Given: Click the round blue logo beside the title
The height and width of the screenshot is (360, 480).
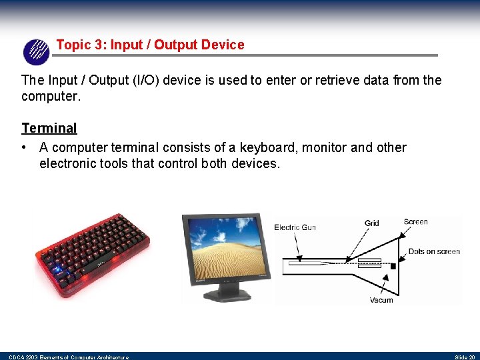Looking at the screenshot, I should pyautogui.click(x=36, y=52).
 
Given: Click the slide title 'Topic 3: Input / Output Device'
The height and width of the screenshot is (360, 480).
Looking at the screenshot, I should pyautogui.click(x=150, y=45).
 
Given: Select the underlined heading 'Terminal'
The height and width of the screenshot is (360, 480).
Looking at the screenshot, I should pyautogui.click(x=49, y=128).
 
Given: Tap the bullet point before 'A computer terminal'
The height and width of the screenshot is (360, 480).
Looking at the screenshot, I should pyautogui.click(x=25, y=147).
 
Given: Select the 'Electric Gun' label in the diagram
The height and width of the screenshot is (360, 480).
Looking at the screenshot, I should pyautogui.click(x=295, y=227).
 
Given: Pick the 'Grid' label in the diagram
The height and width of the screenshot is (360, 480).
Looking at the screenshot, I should pyautogui.click(x=371, y=223).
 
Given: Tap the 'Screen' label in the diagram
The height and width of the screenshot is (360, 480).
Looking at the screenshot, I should pyautogui.click(x=415, y=221).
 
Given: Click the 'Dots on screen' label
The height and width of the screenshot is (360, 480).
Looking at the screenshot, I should pyautogui.click(x=434, y=251).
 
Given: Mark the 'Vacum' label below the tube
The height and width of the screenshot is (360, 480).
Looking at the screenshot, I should pyautogui.click(x=381, y=300).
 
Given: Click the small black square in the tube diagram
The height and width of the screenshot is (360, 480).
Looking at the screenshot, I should pyautogui.click(x=393, y=266).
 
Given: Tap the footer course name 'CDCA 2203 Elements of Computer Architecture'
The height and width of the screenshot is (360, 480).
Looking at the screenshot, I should pyautogui.click(x=69, y=357).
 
